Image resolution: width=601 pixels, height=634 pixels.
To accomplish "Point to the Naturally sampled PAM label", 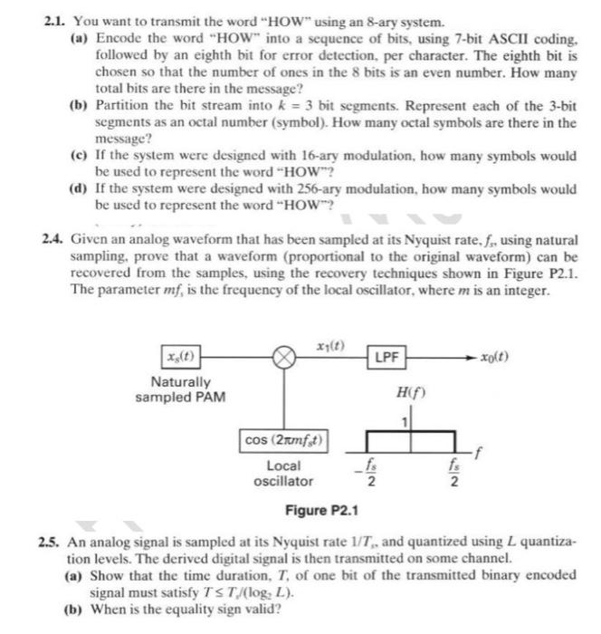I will [x=180, y=389].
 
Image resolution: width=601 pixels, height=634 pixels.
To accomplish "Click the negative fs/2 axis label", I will [x=367, y=474].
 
